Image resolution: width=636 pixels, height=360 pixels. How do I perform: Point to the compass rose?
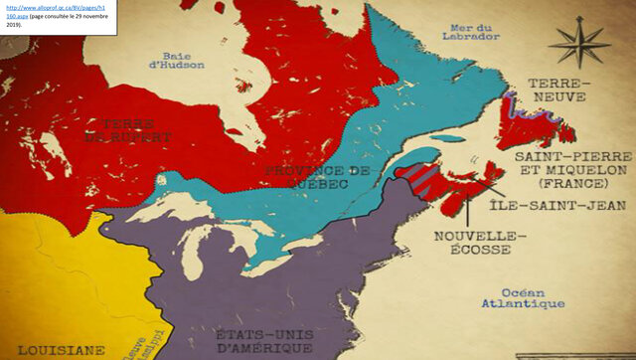(579, 45)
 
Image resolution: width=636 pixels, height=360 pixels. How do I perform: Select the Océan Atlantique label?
(519, 297)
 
